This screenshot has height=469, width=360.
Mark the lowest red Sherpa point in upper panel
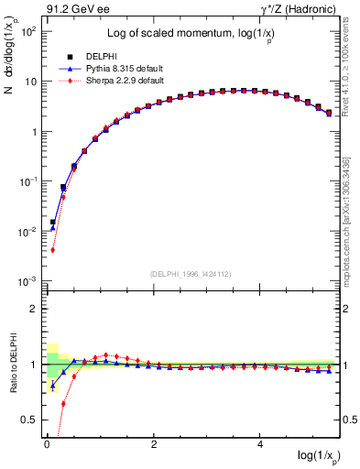(x=53, y=249)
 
